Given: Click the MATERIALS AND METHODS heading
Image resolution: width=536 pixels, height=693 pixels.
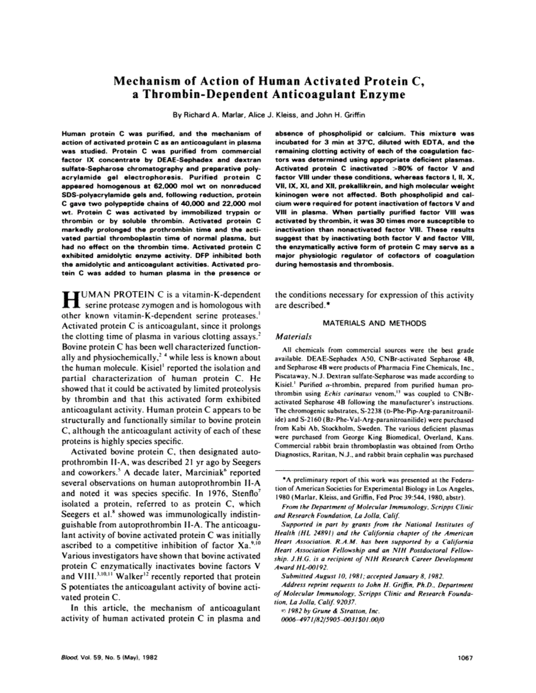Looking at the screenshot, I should (374, 323).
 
